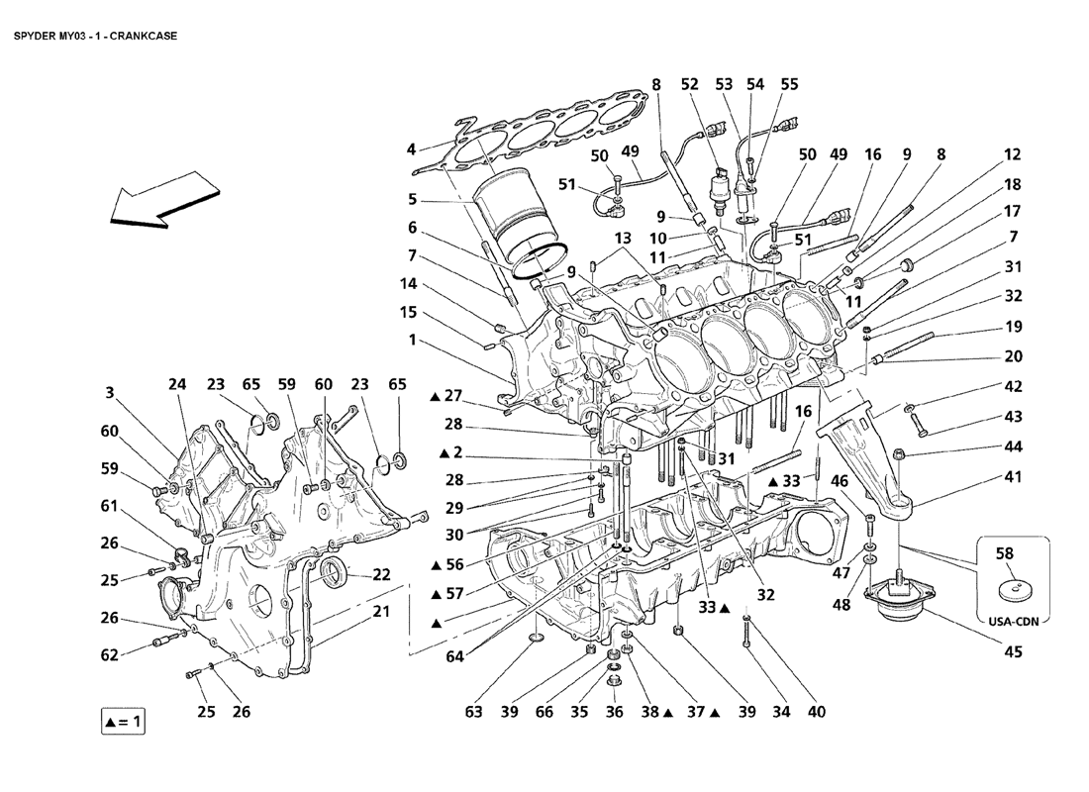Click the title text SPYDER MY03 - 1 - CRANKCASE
click(95, 36)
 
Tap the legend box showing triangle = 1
click(123, 722)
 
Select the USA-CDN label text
click(1014, 622)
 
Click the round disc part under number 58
click(1013, 591)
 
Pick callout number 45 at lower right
click(1014, 651)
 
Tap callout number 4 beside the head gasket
click(411, 149)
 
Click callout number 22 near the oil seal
click(381, 574)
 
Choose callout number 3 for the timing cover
click(110, 392)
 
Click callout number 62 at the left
click(110, 654)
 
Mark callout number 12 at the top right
click(1013, 154)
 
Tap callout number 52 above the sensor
click(689, 84)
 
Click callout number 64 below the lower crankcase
click(455, 655)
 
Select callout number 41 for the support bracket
click(1014, 477)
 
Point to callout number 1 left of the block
click(412, 340)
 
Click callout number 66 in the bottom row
click(544, 712)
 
